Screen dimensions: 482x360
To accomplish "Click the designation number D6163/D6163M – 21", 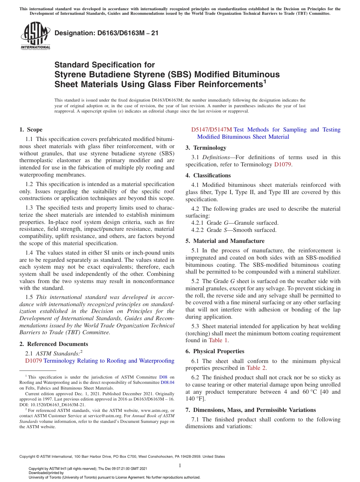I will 106,33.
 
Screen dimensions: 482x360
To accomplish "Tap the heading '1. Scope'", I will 31,130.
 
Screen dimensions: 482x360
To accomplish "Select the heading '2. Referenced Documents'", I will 54,344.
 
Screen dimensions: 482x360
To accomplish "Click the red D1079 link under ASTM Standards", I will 33,361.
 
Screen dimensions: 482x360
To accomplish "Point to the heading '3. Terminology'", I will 206,148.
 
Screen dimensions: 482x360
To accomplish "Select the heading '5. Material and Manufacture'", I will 225,241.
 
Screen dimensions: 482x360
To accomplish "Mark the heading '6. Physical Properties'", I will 215,351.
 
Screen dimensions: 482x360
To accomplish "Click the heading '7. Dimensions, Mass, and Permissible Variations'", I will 250,410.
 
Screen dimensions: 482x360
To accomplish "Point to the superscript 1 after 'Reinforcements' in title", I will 265,81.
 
